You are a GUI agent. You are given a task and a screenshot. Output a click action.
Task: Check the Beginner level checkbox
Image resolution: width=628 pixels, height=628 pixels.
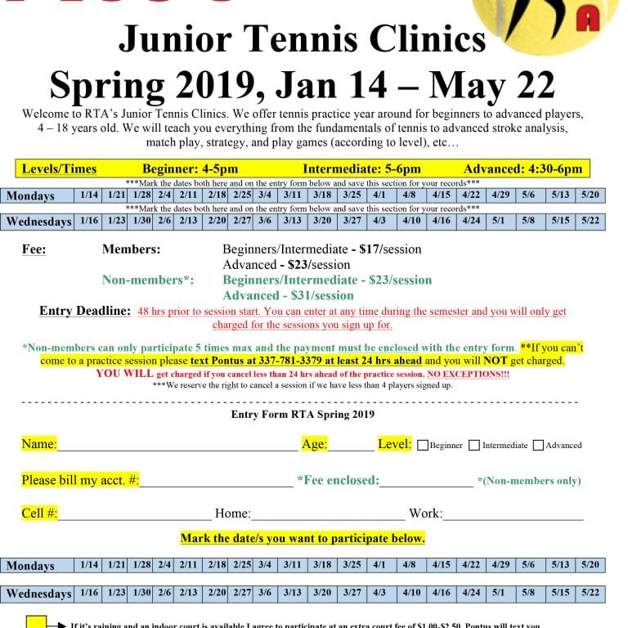click(x=423, y=446)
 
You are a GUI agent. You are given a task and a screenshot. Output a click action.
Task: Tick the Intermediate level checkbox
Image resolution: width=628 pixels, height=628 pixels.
click(x=475, y=446)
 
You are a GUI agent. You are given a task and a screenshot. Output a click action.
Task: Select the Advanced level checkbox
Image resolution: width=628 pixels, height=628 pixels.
click(x=538, y=446)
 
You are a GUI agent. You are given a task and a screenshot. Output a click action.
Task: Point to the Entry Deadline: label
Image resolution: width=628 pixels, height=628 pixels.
click(x=85, y=312)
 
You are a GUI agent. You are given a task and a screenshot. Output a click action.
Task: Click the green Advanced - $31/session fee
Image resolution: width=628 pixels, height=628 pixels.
click(x=288, y=295)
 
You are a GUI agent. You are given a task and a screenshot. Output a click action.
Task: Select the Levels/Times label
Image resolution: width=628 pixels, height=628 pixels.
click(x=59, y=169)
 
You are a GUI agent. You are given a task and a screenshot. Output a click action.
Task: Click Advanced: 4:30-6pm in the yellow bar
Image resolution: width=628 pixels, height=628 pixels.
click(x=523, y=169)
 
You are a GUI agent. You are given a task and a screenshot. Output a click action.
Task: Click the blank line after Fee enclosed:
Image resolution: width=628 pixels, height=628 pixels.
click(x=426, y=482)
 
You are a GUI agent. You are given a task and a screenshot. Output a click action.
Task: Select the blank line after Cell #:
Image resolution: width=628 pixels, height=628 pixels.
click(x=135, y=514)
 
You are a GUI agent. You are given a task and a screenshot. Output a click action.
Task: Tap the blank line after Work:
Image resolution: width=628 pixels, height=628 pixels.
click(x=513, y=514)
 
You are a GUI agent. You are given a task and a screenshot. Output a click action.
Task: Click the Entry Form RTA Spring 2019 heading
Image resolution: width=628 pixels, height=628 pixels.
click(x=303, y=415)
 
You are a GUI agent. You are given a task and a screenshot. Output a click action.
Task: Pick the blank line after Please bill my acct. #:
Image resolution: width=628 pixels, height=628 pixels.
click(x=216, y=482)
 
